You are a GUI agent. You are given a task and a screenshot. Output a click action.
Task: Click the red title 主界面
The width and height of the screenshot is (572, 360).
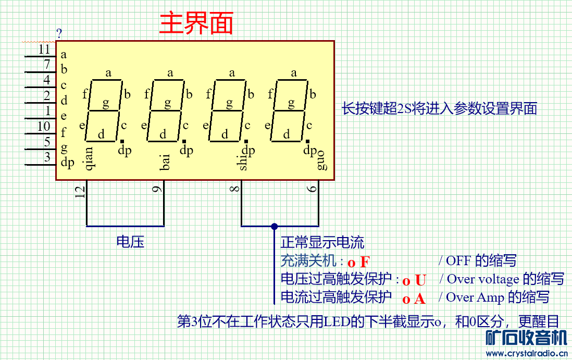click(x=196, y=23)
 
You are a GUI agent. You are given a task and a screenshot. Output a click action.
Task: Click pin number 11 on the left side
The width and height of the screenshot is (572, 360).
click(x=44, y=49)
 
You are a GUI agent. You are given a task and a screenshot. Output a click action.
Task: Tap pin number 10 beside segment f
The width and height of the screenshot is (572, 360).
click(x=44, y=127)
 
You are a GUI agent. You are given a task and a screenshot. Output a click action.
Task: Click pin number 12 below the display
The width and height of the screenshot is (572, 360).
click(x=80, y=192)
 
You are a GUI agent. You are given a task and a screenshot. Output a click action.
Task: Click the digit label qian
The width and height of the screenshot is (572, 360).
click(x=88, y=158)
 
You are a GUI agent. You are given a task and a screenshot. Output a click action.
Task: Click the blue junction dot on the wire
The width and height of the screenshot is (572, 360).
click(x=274, y=226)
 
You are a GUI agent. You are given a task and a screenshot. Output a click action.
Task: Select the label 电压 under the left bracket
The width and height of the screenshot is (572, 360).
click(x=130, y=241)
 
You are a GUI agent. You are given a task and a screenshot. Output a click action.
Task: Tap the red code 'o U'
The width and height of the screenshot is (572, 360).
click(x=414, y=281)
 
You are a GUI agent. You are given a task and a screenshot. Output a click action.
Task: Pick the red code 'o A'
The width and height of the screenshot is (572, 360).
click(x=414, y=299)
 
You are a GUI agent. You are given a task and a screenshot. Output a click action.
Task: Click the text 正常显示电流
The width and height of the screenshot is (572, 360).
click(x=322, y=242)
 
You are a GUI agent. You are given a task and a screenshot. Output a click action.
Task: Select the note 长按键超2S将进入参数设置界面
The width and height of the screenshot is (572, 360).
click(x=439, y=109)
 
